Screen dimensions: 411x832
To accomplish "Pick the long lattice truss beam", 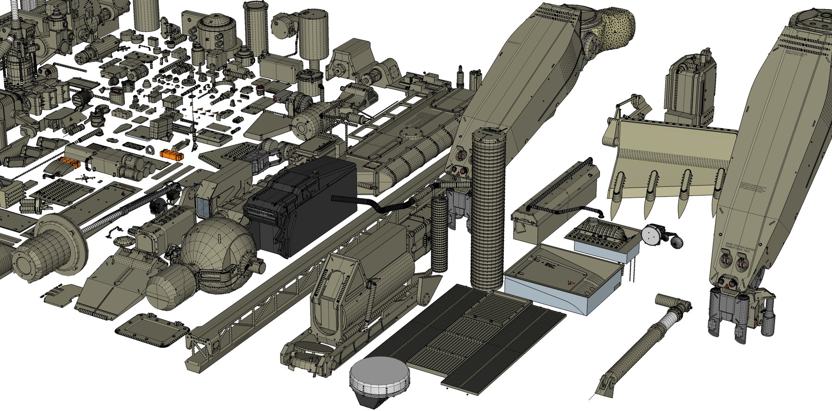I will tap(277, 301).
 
